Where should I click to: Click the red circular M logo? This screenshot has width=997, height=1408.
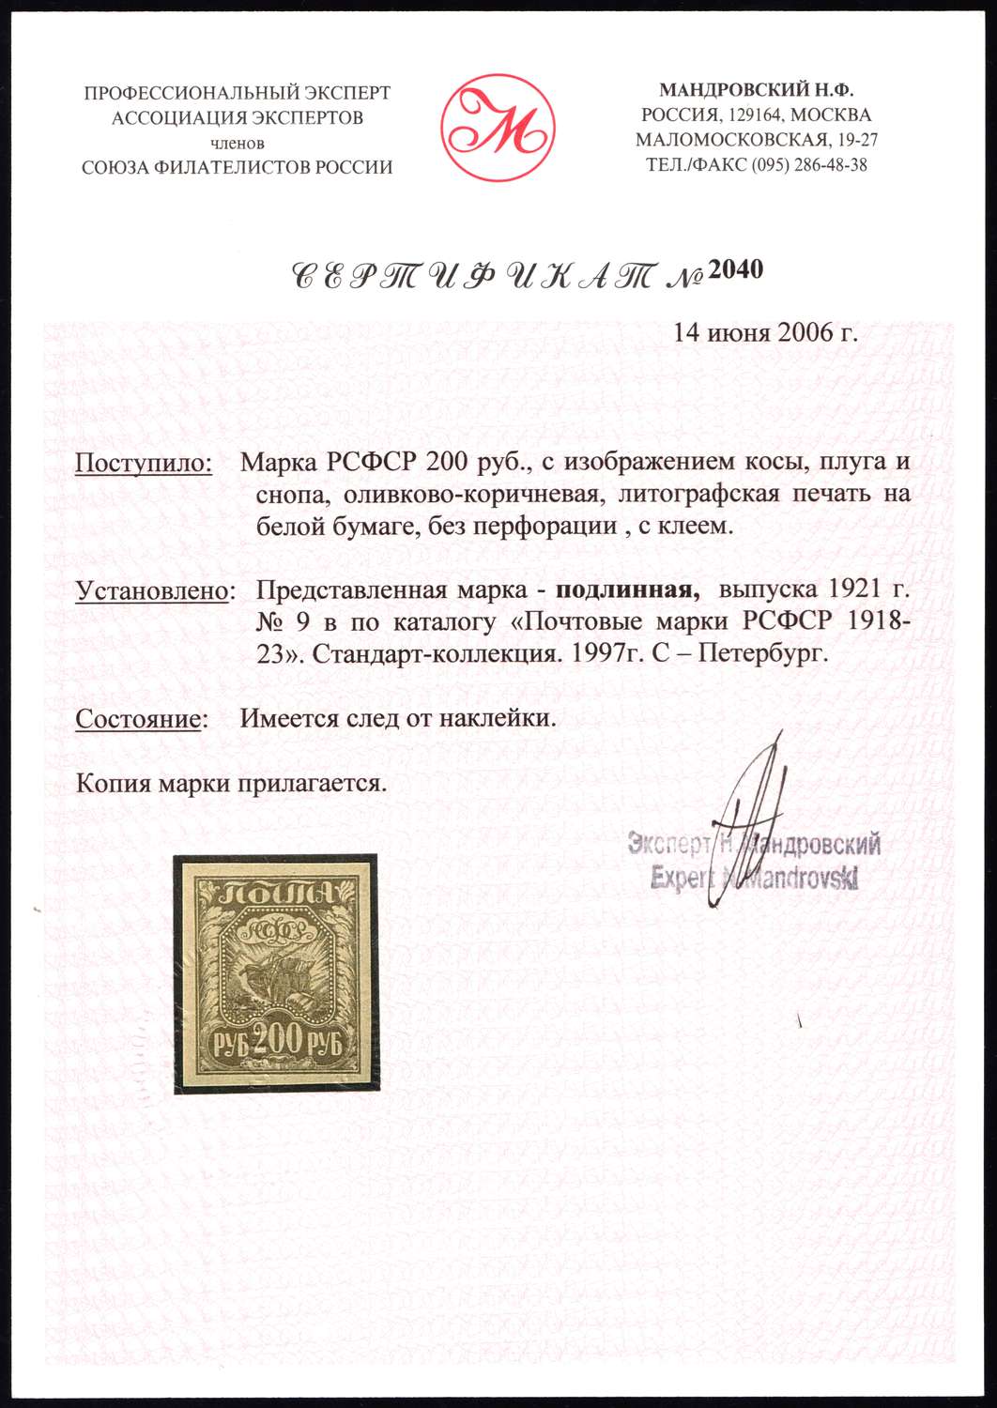click(x=498, y=127)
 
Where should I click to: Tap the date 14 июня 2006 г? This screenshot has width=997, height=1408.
click(x=766, y=332)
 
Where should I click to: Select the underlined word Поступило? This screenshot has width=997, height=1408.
click(x=143, y=463)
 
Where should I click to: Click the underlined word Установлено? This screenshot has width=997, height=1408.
click(x=154, y=591)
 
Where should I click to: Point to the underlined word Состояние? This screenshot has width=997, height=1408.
click(x=141, y=719)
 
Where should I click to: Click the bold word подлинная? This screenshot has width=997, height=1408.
click(x=627, y=590)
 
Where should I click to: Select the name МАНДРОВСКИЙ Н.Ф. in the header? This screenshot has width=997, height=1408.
click(x=756, y=90)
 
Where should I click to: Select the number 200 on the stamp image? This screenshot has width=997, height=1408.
click(x=278, y=1040)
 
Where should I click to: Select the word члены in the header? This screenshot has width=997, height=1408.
click(x=238, y=144)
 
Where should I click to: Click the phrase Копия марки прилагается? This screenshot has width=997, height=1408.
click(x=231, y=783)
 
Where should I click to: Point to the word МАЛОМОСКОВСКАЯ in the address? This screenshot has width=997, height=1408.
click(x=731, y=141)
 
